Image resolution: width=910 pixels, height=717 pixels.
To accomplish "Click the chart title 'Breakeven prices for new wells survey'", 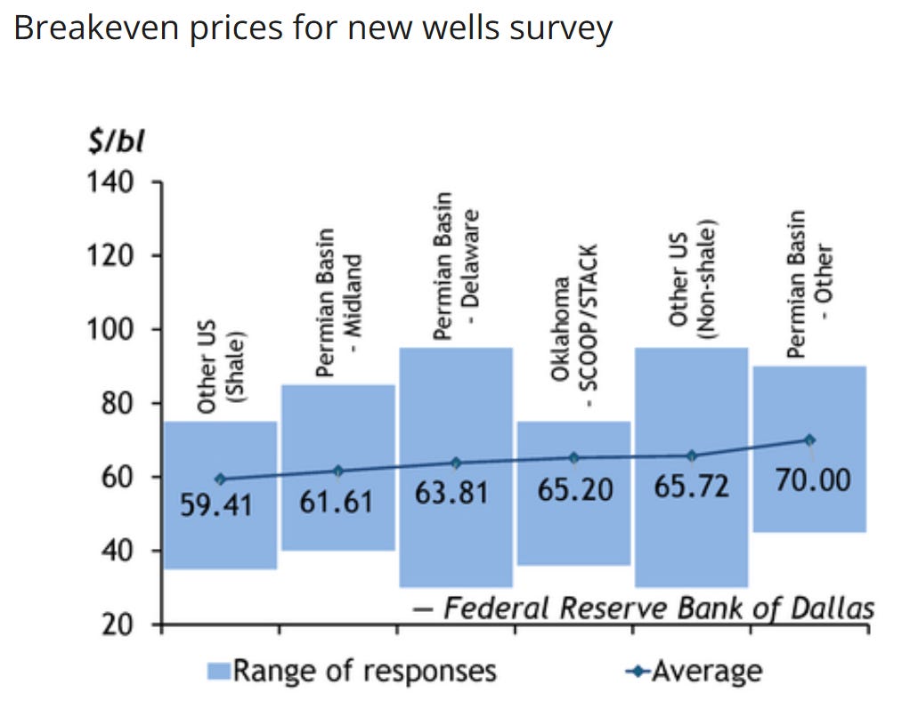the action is (x=313, y=28).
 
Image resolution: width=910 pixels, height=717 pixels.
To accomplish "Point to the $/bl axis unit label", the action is (x=116, y=141).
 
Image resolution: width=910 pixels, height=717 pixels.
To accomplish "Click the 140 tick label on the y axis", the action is (x=110, y=182).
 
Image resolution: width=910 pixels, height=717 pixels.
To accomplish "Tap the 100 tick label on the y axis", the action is (x=110, y=329).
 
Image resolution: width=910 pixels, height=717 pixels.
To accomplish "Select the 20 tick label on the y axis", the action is (x=118, y=624).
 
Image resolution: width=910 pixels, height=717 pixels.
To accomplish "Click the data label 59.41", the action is (x=215, y=504).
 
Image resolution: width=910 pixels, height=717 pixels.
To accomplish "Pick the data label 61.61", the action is (x=336, y=502).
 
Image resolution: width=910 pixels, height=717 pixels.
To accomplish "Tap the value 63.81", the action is (x=451, y=493).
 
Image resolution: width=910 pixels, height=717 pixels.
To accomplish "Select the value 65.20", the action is (x=575, y=490).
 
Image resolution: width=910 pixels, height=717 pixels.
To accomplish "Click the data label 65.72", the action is (x=691, y=486).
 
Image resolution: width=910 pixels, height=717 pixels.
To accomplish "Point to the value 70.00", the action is (x=813, y=480).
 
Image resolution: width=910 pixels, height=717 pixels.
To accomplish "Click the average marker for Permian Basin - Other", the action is (x=809, y=440).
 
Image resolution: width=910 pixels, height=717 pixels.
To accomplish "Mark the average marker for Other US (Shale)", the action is (x=220, y=479).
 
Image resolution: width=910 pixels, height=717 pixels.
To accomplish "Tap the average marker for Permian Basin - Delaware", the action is (x=456, y=463).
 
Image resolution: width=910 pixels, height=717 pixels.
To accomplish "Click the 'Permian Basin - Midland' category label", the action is (x=338, y=302).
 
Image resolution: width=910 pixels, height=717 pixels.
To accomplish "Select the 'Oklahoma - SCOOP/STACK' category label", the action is (x=574, y=326).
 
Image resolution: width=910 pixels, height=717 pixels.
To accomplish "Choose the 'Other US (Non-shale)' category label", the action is (x=692, y=279).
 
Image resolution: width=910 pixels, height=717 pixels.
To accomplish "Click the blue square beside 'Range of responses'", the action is (x=219, y=672).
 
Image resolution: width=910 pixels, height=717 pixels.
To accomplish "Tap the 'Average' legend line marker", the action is (x=638, y=672).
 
